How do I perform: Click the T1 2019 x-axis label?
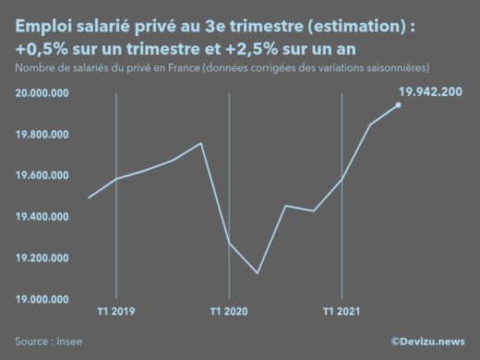pos(116,312)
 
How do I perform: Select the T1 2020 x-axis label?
pos(229,312)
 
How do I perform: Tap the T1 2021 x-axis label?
pos(342,312)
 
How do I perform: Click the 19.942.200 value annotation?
pos(431,90)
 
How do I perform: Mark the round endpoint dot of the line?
pos(399,104)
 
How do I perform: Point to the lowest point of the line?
pos(258,273)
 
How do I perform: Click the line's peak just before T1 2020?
pos(201,143)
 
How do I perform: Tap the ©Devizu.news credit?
pos(427,342)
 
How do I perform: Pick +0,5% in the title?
pos(41,48)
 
